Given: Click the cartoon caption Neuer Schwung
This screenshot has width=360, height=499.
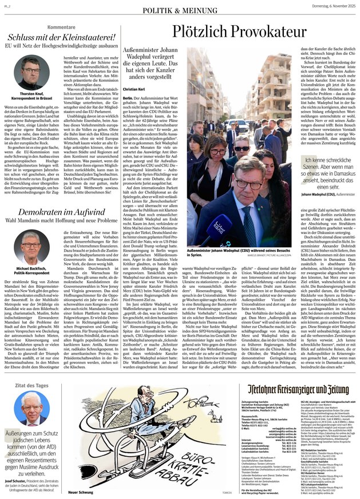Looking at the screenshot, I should click(x=82, y=490).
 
